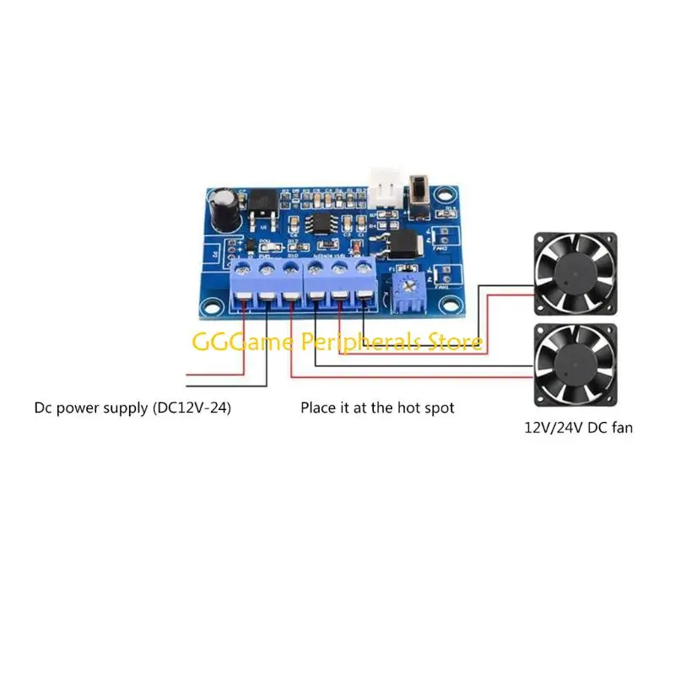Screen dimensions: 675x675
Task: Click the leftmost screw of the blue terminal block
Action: [243, 270]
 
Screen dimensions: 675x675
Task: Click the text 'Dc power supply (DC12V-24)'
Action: [132, 408]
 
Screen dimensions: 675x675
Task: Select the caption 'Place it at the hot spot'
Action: [377, 408]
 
